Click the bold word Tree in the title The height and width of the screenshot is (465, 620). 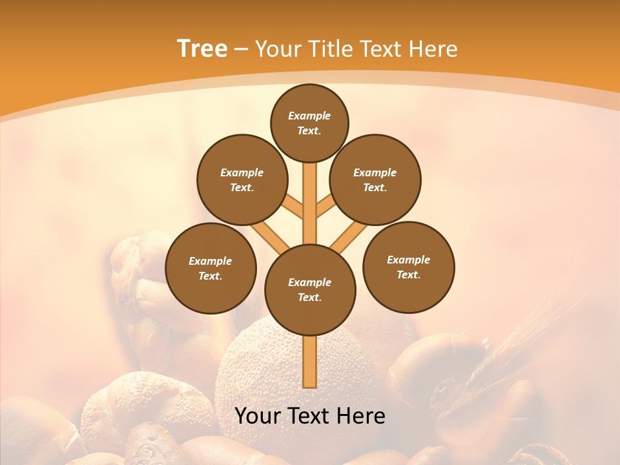tap(202, 48)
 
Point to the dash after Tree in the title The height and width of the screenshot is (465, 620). tap(241, 49)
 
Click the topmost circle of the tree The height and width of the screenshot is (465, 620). tap(309, 123)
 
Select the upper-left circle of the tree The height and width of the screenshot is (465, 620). tap(242, 180)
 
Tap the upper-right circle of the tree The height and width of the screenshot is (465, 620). tap(375, 180)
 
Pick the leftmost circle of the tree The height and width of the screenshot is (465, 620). tap(211, 268)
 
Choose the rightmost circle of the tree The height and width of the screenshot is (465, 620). tap(408, 267)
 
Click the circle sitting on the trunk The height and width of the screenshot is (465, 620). tap(310, 289)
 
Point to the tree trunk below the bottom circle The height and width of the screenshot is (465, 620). tap(310, 362)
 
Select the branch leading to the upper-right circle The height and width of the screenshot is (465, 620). tap(325, 207)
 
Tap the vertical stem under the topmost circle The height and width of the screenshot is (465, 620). tap(310, 194)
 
